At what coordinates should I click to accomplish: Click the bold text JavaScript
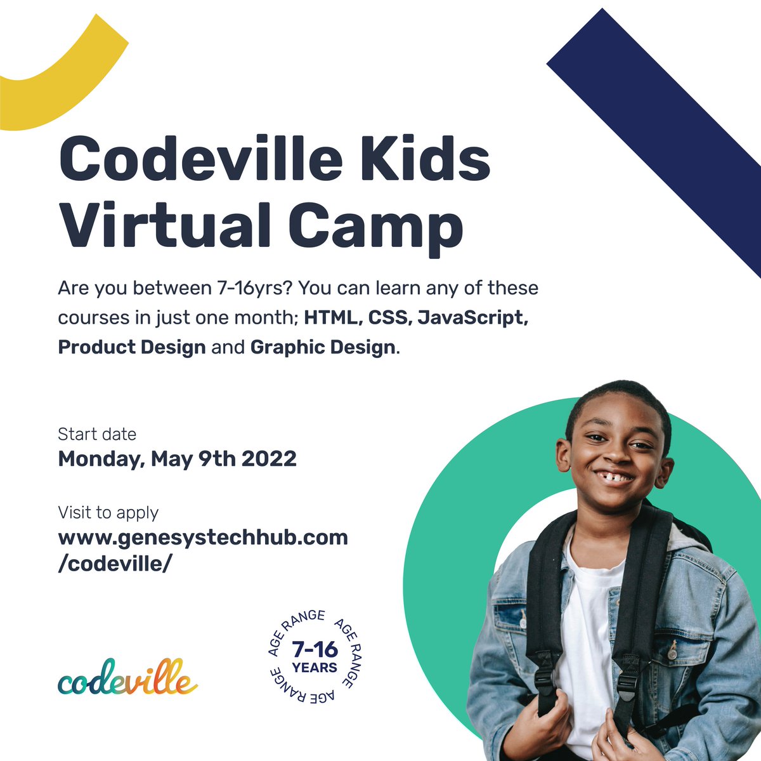point(472,317)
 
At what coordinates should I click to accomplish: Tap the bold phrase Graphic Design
point(323,347)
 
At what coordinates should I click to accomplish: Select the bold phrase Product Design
point(132,347)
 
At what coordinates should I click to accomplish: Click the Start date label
point(97,434)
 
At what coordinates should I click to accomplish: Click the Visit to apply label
point(108,512)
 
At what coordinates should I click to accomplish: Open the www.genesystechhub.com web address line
point(203,538)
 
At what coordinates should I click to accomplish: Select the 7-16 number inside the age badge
point(315,650)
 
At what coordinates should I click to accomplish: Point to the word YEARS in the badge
point(315,668)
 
